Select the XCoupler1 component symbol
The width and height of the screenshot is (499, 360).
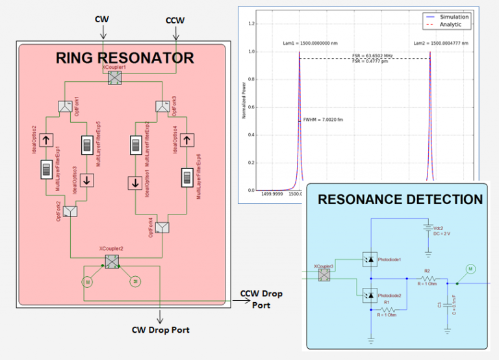pos(114,78)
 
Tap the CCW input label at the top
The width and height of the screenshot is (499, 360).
pos(175,20)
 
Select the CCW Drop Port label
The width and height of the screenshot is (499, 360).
pos(261,299)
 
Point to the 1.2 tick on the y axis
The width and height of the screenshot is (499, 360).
pos(250,24)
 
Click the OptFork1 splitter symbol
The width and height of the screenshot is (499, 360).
pos(66,105)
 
